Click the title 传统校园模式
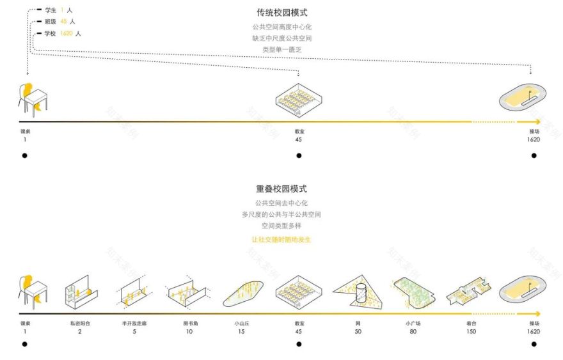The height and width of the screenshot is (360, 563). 281,13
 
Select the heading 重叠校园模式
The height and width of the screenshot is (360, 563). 281,189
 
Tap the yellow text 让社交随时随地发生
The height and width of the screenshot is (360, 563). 281,240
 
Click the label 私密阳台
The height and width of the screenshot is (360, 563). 80,324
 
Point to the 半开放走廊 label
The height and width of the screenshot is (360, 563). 134,324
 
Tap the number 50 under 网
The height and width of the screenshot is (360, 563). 358,331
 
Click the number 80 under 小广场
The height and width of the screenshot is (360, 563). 413,331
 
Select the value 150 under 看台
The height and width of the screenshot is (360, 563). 471,331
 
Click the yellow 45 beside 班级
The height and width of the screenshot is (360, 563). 64,22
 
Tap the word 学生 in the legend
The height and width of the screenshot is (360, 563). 51,11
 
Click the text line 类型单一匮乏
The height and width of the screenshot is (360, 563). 281,49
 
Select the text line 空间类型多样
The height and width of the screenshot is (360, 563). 281,226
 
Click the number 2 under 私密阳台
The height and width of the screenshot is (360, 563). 80,331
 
